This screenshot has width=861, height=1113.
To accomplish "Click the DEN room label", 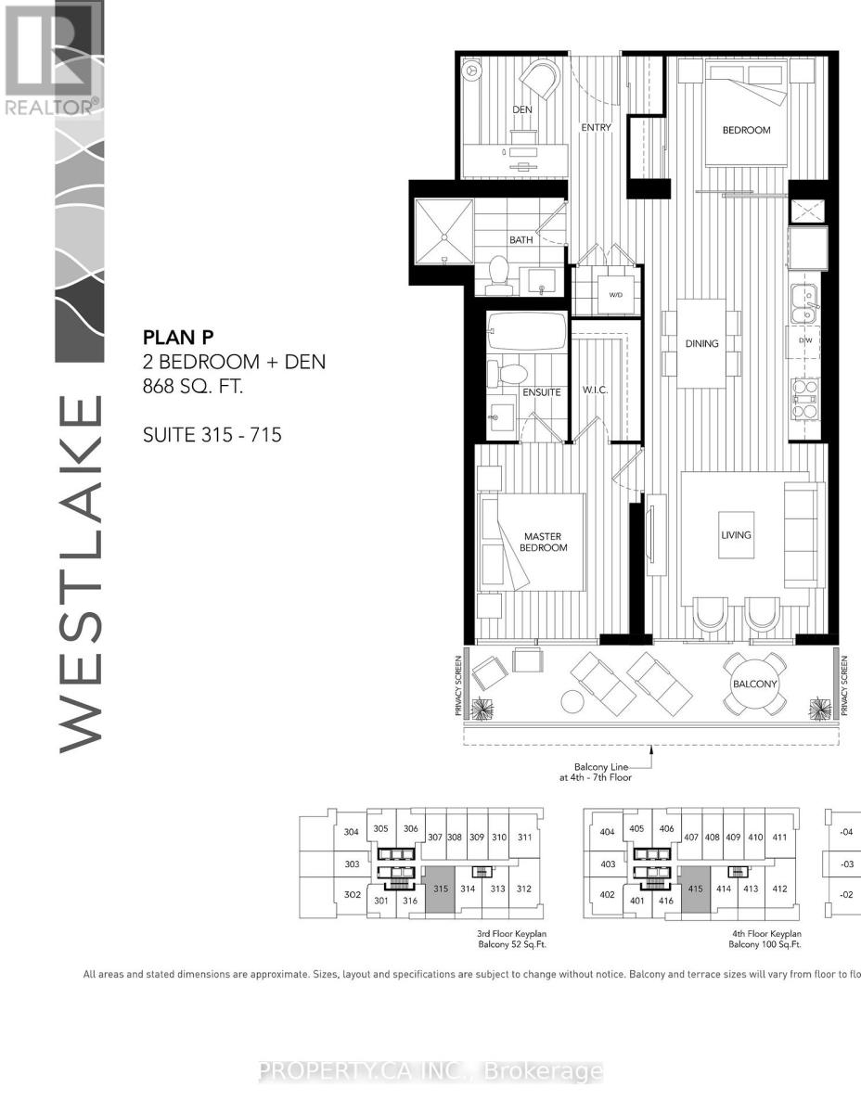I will click(x=522, y=109).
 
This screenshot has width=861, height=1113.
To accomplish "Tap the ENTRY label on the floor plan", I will click(x=596, y=128).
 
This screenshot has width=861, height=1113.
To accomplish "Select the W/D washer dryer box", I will click(x=616, y=294).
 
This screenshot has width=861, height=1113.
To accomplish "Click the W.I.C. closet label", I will click(x=594, y=390).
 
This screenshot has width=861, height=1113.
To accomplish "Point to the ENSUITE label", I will click(x=541, y=392).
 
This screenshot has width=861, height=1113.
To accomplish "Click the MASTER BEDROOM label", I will click(x=543, y=542).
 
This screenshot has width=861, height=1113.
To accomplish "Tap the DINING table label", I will click(x=702, y=343).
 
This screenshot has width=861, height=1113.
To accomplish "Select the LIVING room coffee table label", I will click(x=737, y=534).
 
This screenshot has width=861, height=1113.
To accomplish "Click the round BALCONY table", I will click(x=753, y=684).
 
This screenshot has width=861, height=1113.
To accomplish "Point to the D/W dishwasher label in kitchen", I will click(x=806, y=339).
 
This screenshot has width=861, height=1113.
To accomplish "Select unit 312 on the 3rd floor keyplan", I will click(x=524, y=889).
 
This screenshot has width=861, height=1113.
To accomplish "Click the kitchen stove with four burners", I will click(x=803, y=399).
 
